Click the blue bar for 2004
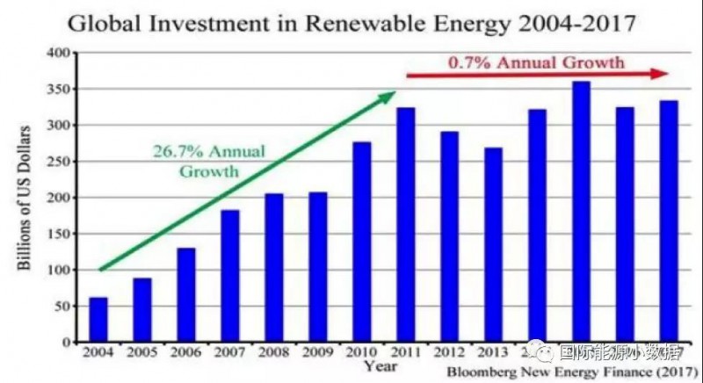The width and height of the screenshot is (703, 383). coord(98,320)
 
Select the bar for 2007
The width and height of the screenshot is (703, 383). coord(230,276)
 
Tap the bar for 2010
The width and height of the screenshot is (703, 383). coord(361,242)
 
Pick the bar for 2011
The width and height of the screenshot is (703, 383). coord(405,225)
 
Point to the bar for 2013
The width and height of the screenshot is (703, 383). coord(493,245)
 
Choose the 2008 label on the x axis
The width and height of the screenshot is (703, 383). coord(273,353)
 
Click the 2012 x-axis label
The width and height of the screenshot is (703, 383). coord(449,353)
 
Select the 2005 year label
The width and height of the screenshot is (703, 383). coord(141,353)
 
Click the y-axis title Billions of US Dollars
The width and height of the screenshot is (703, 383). coord(26,198)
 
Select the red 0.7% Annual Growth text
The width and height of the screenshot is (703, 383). coord(536,62)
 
